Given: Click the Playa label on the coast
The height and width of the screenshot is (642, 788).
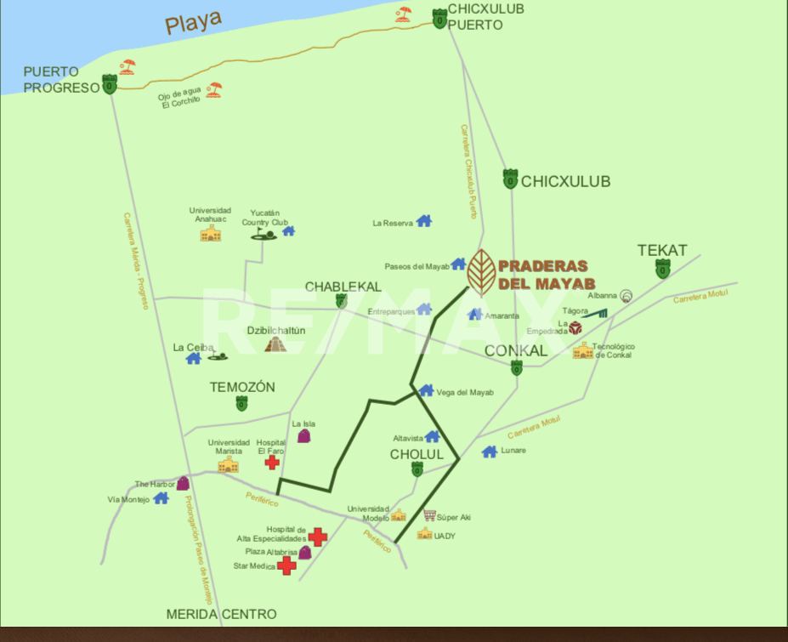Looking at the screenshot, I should pos(193,21).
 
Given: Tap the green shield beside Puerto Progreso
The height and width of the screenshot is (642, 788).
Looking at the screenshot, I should pos(110,84).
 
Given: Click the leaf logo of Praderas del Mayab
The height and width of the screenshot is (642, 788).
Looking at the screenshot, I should pos(481,271).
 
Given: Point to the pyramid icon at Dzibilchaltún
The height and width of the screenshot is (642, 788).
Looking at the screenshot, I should pos(275,344).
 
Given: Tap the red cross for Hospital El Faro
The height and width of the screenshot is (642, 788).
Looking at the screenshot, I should pos(272,462).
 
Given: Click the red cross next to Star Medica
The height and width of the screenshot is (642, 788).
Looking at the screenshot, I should pos(287,565).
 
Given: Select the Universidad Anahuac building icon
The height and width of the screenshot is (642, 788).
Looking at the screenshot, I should pos(210,233).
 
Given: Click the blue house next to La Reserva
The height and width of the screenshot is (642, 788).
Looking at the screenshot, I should pos(423,222).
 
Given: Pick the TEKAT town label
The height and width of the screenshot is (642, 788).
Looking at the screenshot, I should pos(662,250).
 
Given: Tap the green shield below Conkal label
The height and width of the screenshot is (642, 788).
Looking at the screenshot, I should pos(516,368).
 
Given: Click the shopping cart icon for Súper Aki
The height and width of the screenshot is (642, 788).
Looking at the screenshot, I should pos(429,515).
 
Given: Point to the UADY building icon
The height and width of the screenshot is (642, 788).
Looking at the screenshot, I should pos(424,534).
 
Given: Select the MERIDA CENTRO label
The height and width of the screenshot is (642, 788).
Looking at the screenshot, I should pos(221,614).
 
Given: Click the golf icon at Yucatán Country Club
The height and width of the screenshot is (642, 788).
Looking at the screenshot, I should pos(264,231).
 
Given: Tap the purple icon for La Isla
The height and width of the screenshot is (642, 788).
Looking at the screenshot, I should pos(303,435).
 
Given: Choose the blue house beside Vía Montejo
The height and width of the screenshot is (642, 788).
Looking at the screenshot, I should pos(161,498).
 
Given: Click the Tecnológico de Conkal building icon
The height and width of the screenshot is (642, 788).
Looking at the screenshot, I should pos(582,350).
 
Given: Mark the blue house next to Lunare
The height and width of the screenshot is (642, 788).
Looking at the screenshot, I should pos(489,452).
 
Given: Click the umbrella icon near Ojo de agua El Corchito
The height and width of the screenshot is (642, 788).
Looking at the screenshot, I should pos(213,88).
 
